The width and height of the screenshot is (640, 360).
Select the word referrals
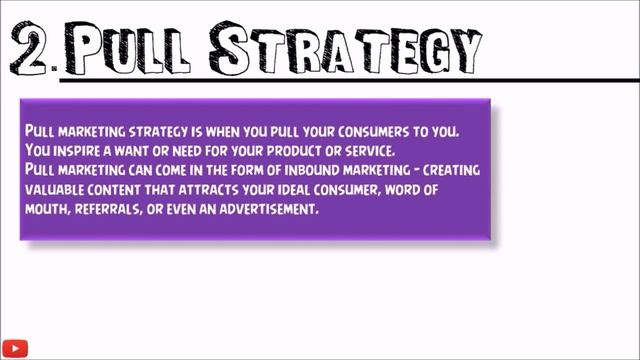(125, 210)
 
